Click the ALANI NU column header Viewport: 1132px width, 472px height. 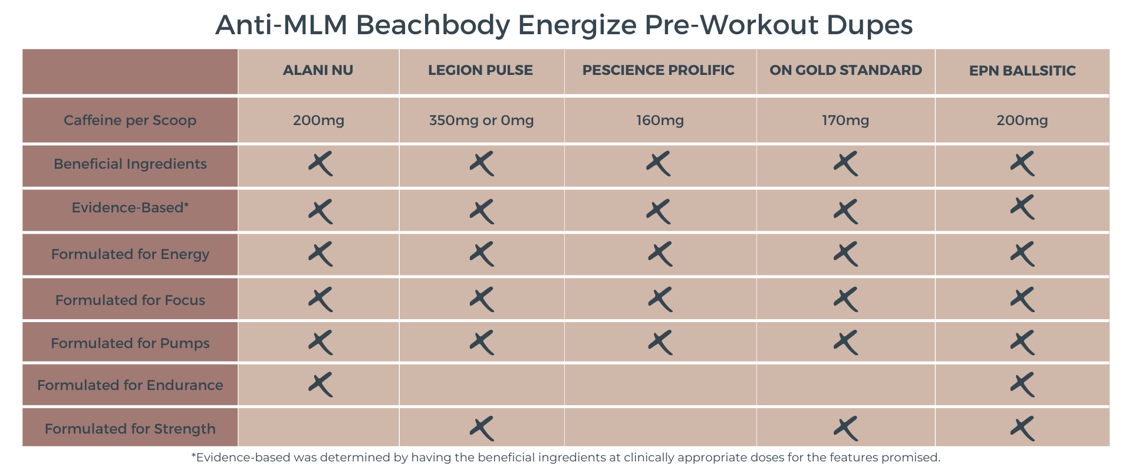click(x=318, y=70)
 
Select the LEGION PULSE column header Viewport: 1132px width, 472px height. click(x=481, y=70)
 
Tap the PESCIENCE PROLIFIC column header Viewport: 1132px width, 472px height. click(x=659, y=70)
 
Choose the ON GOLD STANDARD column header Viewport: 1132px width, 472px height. click(x=845, y=70)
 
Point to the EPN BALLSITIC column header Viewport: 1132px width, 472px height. click(x=1022, y=71)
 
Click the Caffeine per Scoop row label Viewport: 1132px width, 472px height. click(x=130, y=120)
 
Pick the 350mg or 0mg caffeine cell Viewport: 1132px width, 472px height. click(x=481, y=120)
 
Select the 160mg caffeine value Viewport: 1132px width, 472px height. click(x=660, y=120)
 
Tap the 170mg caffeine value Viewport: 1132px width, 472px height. click(x=845, y=120)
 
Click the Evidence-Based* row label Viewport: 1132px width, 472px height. click(x=130, y=208)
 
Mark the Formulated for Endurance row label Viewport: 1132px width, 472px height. click(x=130, y=385)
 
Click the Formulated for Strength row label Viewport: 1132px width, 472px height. click(x=130, y=429)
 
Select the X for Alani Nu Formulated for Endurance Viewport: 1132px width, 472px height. click(x=320, y=385)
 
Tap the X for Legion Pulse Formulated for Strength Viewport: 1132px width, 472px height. click(x=482, y=429)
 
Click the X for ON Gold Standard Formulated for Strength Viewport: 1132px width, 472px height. click(x=845, y=429)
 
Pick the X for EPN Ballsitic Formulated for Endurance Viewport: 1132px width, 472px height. click(x=1022, y=385)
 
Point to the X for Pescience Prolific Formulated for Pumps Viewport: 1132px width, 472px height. click(x=660, y=343)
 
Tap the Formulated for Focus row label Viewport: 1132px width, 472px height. click(x=130, y=300)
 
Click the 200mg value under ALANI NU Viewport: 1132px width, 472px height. click(x=318, y=120)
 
